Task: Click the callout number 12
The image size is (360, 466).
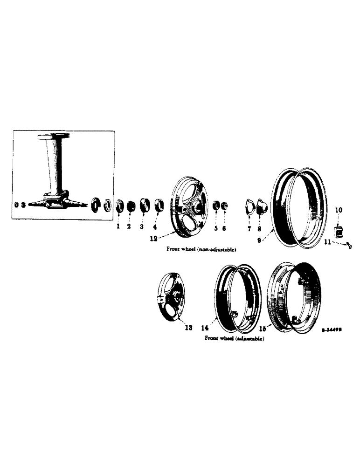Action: coord(153,239)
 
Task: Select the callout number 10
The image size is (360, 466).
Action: coord(339,210)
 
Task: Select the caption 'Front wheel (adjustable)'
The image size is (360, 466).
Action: coord(235,338)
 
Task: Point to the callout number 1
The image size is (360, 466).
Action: coord(118,227)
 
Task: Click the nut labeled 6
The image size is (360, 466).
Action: coord(224,206)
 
